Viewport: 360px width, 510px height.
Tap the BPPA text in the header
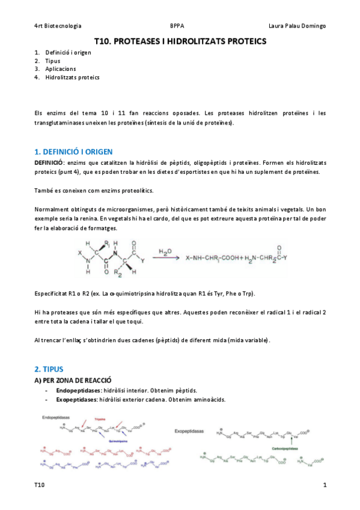pyautogui.click(x=177, y=26)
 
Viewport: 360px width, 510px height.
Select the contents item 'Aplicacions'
pyautogui.click(x=60, y=69)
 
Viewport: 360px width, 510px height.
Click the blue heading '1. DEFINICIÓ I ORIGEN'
pyautogui.click(x=73, y=152)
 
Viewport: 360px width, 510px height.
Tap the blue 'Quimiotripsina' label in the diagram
pyautogui.click(x=120, y=440)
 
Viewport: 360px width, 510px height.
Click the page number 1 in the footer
pyautogui.click(x=325, y=485)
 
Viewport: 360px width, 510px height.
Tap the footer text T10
pyautogui.click(x=39, y=485)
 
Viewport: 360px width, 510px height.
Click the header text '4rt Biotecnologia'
pyautogui.click(x=58, y=26)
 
